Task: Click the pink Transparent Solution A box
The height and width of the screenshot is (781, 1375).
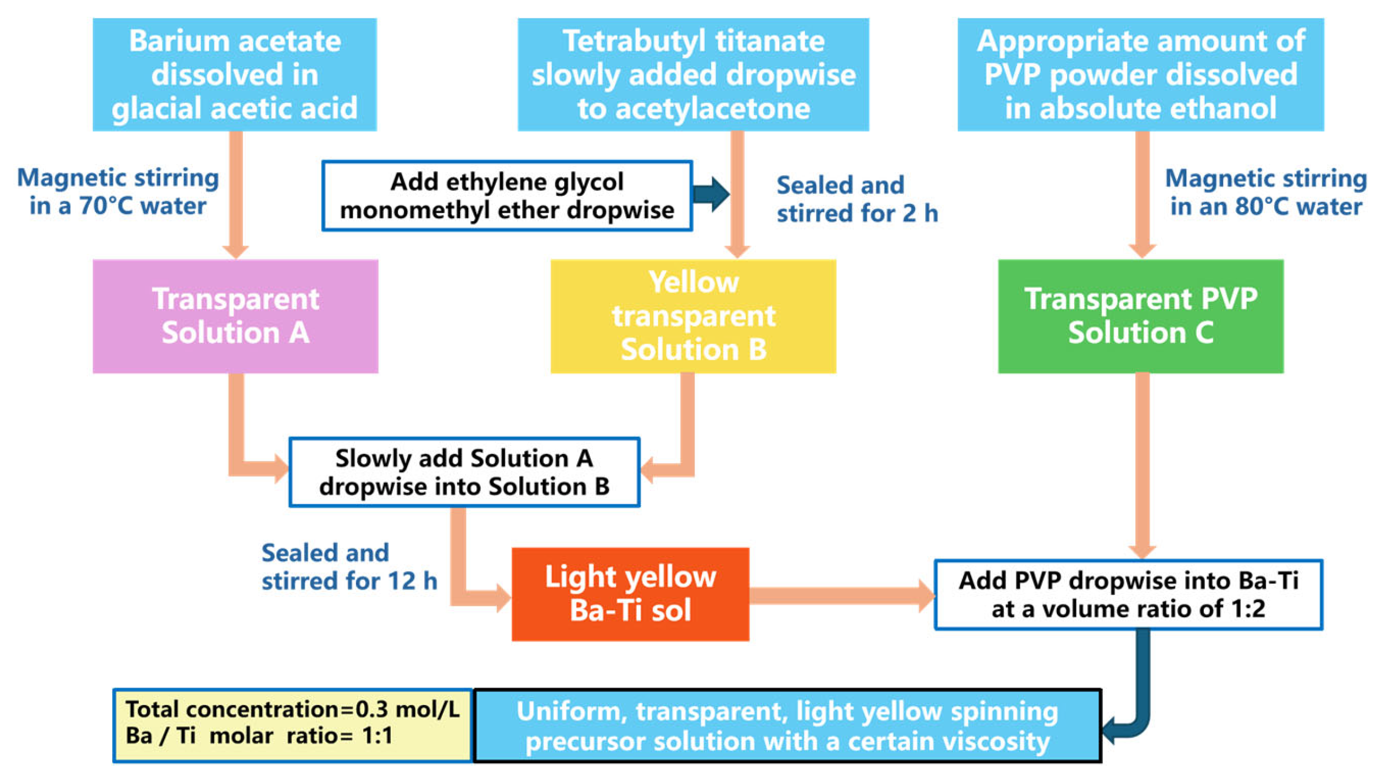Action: point(235,316)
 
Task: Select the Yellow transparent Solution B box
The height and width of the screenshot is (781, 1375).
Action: point(693,316)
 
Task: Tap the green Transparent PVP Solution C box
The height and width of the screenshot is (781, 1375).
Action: point(1140,316)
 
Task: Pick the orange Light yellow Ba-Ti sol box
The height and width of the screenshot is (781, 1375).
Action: point(630,594)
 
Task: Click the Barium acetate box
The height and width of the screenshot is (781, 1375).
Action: point(235,75)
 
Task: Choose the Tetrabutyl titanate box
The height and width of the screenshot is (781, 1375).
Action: point(693,75)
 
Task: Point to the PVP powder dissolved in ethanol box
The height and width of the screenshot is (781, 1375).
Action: point(1140,75)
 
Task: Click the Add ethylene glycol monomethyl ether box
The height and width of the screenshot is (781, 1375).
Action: point(507,196)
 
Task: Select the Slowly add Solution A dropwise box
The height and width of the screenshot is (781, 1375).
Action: point(464,472)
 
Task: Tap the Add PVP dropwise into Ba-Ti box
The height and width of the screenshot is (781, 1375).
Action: point(1128,594)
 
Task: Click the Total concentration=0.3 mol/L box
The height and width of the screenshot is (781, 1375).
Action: point(293,725)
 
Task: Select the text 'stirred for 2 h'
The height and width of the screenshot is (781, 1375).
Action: point(857,213)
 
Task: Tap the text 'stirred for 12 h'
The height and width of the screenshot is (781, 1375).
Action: point(349,581)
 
